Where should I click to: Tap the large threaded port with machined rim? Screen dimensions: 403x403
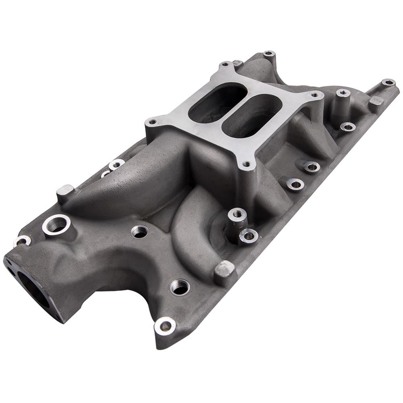tap(56, 224)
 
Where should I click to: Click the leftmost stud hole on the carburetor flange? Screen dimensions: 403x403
tap(152, 121)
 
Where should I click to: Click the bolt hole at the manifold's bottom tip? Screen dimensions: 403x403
tap(165, 326)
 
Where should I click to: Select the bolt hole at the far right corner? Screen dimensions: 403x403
tap(388, 82)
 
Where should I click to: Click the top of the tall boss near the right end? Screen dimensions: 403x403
tap(343, 93)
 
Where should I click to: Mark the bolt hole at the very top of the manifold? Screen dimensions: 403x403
tap(269, 54)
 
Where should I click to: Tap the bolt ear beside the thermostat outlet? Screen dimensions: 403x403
tap(22, 241)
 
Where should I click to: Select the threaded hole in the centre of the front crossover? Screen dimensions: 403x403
tap(139, 231)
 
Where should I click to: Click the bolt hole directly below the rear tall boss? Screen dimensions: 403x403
tap(347, 127)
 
